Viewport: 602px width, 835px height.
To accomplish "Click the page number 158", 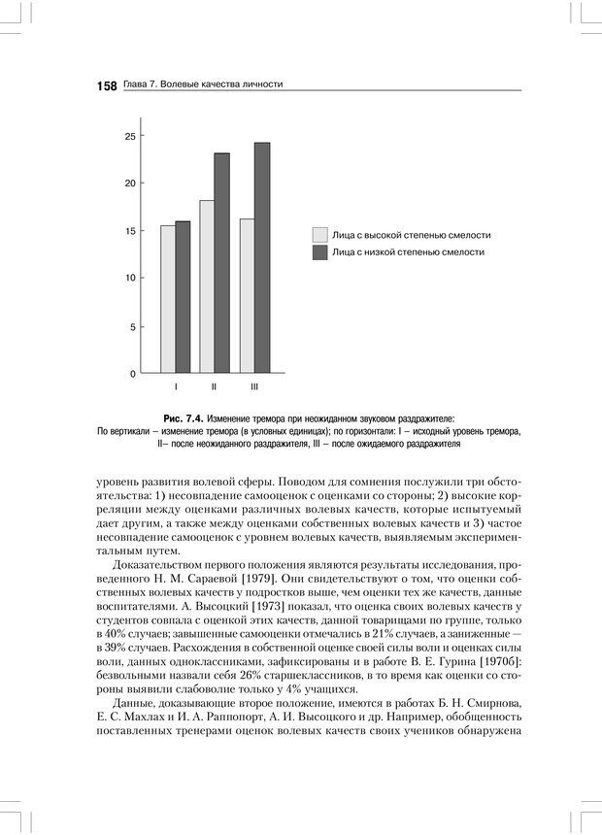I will pyautogui.click(x=107, y=85).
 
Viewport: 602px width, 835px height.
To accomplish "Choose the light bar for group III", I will pyautogui.click(x=247, y=296).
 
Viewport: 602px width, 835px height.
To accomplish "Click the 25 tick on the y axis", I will pyautogui.click(x=129, y=136).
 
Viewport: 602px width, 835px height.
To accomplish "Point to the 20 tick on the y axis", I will pyautogui.click(x=129, y=184).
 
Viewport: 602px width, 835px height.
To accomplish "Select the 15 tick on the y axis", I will pyautogui.click(x=129, y=231).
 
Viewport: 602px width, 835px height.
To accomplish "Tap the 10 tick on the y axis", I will pyautogui.click(x=129, y=279).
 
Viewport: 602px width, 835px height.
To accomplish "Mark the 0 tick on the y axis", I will pyautogui.click(x=132, y=374).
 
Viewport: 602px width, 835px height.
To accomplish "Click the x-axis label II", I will pyautogui.click(x=214, y=387).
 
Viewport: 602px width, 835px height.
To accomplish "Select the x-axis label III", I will pyautogui.click(x=254, y=387).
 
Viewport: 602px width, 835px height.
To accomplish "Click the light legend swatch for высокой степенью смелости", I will pyautogui.click(x=319, y=235).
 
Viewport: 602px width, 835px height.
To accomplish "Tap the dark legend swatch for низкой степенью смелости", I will pyautogui.click(x=319, y=252).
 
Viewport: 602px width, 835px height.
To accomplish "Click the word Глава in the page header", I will pyautogui.click(x=136, y=85).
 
